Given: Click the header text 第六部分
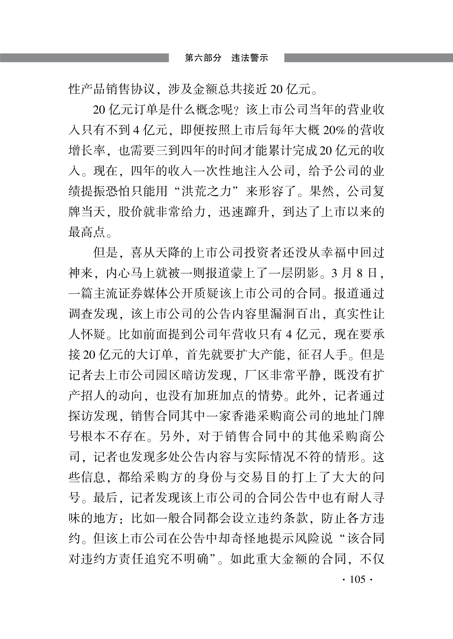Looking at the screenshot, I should [203, 58].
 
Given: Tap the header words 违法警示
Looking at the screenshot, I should [250, 58].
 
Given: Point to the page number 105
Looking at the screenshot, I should [357, 579].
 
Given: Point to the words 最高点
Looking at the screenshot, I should [87, 232].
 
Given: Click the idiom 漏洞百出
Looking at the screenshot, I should [295, 314].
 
